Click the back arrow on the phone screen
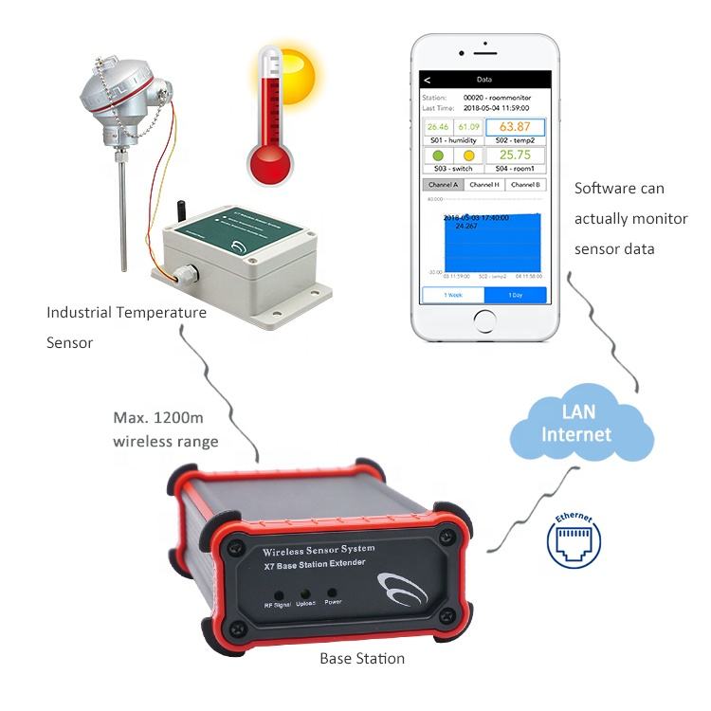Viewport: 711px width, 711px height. [428, 80]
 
